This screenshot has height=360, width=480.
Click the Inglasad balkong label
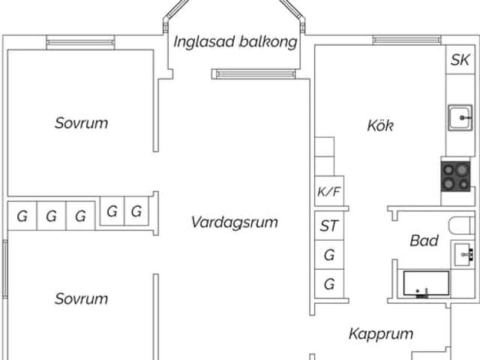pyautogui.click(x=235, y=42)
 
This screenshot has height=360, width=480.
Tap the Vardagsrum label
pyautogui.click(x=234, y=222)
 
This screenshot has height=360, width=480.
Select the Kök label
pyautogui.click(x=380, y=125)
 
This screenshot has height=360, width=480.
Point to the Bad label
pyautogui.click(x=424, y=241)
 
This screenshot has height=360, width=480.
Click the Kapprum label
pyautogui.click(x=381, y=334)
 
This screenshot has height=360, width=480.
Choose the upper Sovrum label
pyautogui.click(x=81, y=123)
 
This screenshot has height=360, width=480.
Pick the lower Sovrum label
pyautogui.click(x=81, y=298)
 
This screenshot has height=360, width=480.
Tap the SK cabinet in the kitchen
pyautogui.click(x=460, y=61)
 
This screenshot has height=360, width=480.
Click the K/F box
pyautogui.click(x=328, y=192)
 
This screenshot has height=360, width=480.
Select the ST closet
pyautogui.click(x=328, y=226)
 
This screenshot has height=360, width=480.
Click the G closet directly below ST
pyautogui.click(x=328, y=255)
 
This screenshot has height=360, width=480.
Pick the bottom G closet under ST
pyautogui.click(x=328, y=284)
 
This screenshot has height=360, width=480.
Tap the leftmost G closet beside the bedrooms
pyautogui.click(x=22, y=217)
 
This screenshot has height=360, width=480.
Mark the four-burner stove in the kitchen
pyautogui.click(x=456, y=177)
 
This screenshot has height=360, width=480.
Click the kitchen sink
pyautogui.click(x=460, y=118)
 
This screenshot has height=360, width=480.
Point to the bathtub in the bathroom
pyautogui.click(x=426, y=285)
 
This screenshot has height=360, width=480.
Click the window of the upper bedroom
pyautogui.click(x=80, y=43)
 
